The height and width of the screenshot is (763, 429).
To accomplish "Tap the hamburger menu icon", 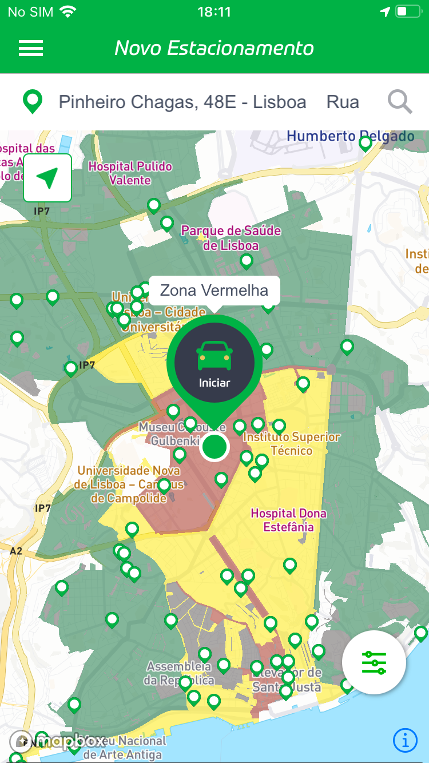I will coord(31,48).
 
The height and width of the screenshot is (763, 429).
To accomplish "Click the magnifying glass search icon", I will coord(400,102).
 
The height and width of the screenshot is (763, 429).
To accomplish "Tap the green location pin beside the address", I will coord(33,102).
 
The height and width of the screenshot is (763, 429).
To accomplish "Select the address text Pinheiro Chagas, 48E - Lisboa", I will coord(182,102).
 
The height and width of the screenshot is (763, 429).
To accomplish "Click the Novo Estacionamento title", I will coord(214,48).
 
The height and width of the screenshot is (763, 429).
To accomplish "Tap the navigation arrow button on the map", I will coord(47,178).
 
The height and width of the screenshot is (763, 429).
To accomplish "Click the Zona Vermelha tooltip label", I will coord(214,291).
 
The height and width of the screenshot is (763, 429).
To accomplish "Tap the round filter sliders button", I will coord(374,662).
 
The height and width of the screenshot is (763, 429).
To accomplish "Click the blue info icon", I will coord(405,741).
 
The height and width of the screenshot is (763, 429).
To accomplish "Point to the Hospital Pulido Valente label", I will coord(130,173).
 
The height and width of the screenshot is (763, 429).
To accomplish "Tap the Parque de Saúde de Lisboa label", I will coord(231,238).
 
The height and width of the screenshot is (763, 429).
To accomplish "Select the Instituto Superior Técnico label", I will coord(292,444).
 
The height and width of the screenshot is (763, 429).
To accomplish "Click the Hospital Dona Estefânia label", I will coord(289,520).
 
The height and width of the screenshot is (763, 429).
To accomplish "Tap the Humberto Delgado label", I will coord(350,137).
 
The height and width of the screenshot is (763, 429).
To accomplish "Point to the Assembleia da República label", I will coord(178,673).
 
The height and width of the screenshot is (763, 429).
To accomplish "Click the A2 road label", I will coord(16,551).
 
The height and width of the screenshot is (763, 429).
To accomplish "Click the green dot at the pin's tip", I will coord(214,447).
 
